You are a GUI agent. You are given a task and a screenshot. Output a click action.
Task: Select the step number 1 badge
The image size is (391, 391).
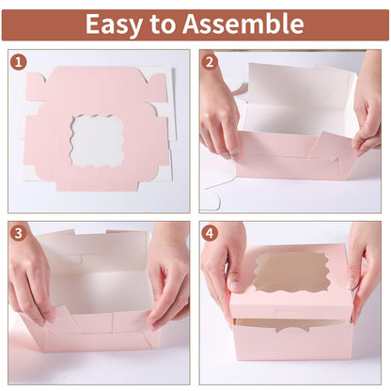pyautogui.click(x=19, y=63)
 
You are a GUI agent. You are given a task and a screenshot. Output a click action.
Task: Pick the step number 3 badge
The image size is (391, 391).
pyautogui.click(x=19, y=233)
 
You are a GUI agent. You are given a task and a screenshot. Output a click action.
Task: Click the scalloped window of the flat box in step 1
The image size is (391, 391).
pyautogui.click(x=97, y=139)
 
